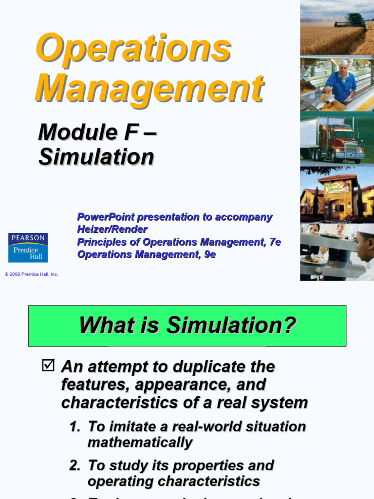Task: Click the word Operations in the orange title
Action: tap(133, 48)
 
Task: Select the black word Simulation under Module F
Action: tap(96, 157)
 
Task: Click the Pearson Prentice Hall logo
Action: tap(28, 248)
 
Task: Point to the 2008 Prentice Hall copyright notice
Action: tap(32, 274)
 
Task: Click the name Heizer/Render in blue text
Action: tap(112, 229)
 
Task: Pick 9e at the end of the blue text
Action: tap(209, 254)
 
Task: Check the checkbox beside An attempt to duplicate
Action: tap(48, 365)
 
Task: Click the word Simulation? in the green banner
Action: tap(231, 325)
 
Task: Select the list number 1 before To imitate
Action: tap(74, 427)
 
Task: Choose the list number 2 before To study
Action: tap(74, 465)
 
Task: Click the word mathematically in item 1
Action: tap(140, 442)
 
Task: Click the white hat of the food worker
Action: tap(344, 62)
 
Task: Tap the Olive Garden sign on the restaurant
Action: tap(337, 187)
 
